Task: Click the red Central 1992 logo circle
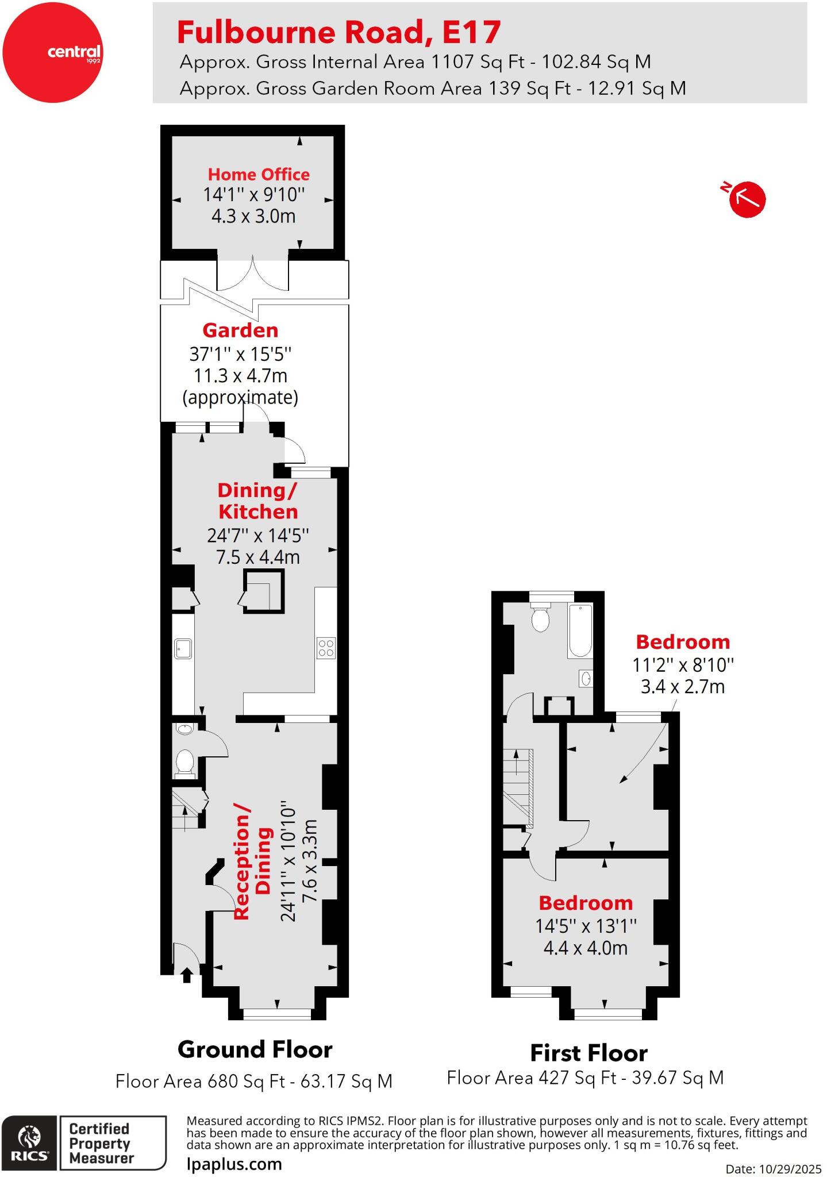(x=52, y=53)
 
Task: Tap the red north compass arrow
(x=747, y=199)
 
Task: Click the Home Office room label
(x=259, y=174)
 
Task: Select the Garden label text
(x=240, y=330)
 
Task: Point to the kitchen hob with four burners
(x=326, y=648)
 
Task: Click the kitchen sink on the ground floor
(x=183, y=648)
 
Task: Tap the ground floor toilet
(x=184, y=763)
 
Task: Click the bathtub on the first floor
(x=579, y=630)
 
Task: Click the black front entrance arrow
(x=187, y=975)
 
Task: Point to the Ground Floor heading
(x=255, y=1049)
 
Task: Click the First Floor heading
(x=588, y=1053)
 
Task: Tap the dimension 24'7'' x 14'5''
(x=258, y=536)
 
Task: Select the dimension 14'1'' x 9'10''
(x=253, y=195)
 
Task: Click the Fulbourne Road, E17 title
(x=339, y=32)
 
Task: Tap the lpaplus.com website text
(x=234, y=1164)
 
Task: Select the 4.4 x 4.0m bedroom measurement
(x=585, y=948)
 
